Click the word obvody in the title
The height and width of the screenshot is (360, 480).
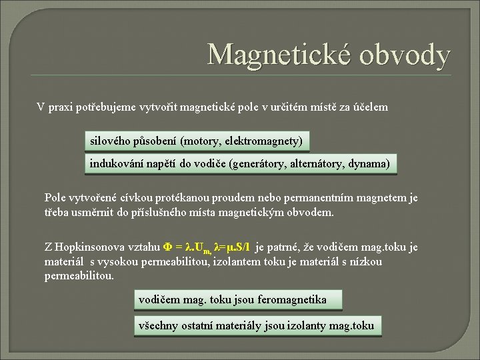[x=405, y=55]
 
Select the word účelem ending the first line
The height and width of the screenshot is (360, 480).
[x=369, y=107]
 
